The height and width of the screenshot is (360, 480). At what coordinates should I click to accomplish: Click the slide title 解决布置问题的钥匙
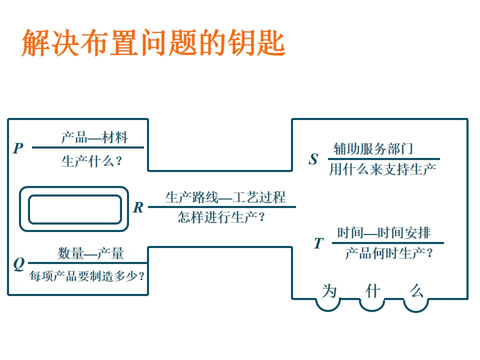click(x=153, y=42)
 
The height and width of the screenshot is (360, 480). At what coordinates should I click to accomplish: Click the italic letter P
click(x=18, y=148)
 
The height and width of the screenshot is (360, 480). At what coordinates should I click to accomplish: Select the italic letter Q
click(x=18, y=264)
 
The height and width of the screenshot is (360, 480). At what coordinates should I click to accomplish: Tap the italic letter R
click(x=138, y=208)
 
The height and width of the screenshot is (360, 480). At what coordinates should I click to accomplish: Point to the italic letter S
click(x=313, y=159)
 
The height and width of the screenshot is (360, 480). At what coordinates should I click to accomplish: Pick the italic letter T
click(x=318, y=243)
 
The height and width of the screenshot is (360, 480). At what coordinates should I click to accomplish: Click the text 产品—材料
click(x=94, y=137)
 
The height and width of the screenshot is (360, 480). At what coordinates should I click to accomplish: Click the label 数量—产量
click(x=90, y=253)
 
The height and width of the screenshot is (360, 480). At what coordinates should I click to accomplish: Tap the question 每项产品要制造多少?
click(x=87, y=275)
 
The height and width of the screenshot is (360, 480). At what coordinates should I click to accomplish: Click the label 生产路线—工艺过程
click(x=225, y=197)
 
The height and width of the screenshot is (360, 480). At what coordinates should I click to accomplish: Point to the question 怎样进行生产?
click(x=221, y=218)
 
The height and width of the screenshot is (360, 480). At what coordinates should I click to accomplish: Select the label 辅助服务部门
click(x=373, y=148)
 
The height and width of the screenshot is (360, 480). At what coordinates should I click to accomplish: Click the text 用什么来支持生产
click(x=382, y=169)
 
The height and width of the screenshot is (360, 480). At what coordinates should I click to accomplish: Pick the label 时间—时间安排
click(x=383, y=233)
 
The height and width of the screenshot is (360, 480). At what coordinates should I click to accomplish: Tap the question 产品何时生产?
click(x=388, y=253)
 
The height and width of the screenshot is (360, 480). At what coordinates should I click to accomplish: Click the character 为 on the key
click(x=329, y=291)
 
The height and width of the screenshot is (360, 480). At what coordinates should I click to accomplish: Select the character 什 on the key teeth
click(x=372, y=291)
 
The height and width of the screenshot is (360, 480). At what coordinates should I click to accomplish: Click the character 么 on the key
click(x=416, y=291)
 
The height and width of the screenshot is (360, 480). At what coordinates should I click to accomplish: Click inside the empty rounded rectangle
click(x=74, y=209)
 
